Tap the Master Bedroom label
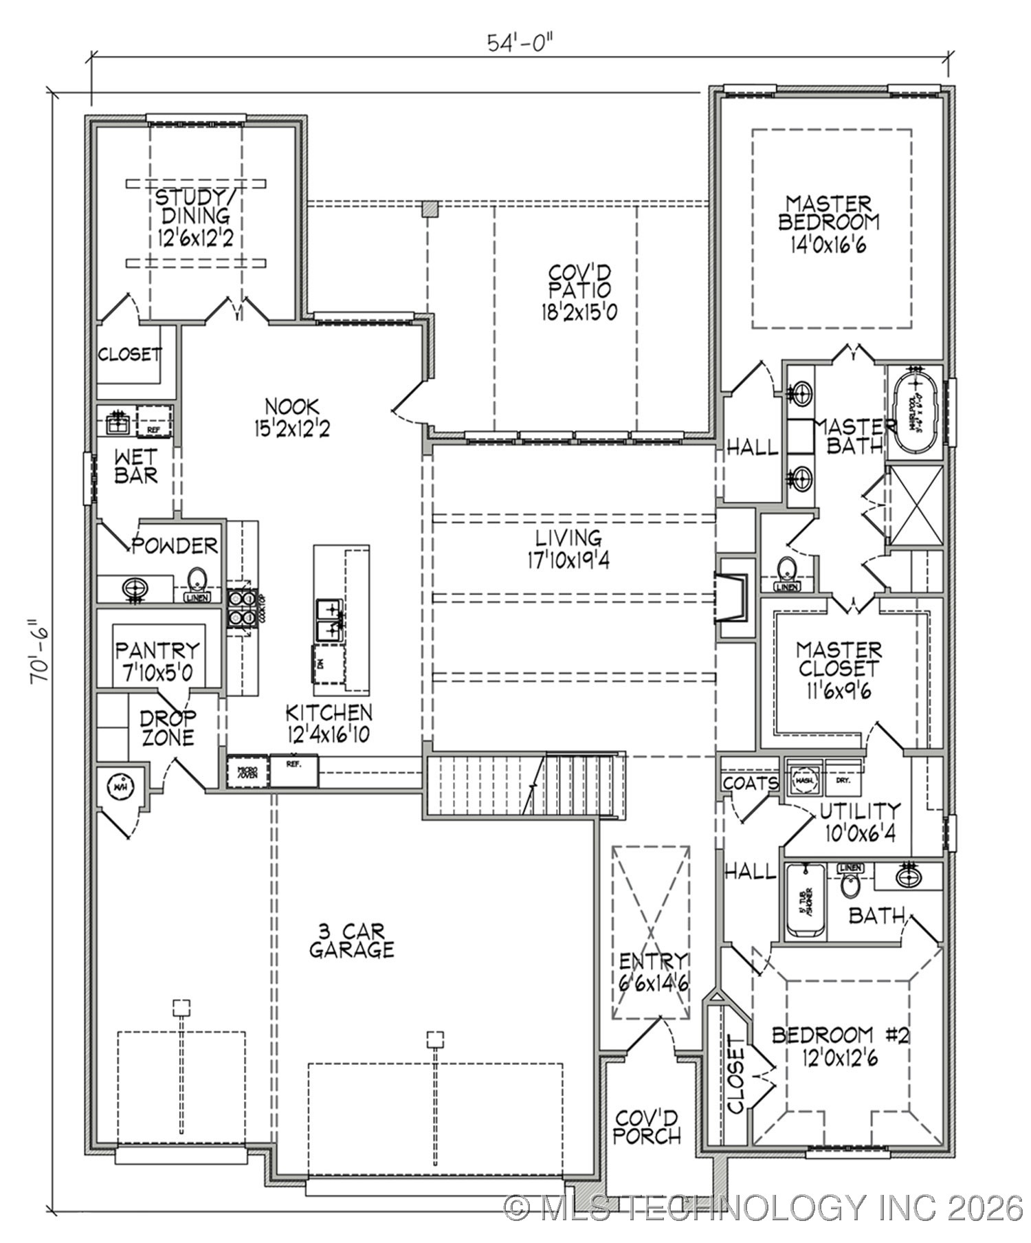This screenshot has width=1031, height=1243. pyautogui.click(x=828, y=223)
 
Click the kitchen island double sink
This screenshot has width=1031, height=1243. pyautogui.click(x=329, y=619)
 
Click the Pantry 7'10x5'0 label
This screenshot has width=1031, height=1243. pyautogui.click(x=157, y=661)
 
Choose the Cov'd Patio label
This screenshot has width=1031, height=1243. pyautogui.click(x=579, y=291)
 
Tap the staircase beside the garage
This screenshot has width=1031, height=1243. pyautogui.click(x=526, y=785)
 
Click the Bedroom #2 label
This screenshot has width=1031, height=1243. pyautogui.click(x=840, y=1045)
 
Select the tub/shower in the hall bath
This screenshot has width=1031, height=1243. pyautogui.click(x=805, y=901)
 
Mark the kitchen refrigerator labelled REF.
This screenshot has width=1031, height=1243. pyautogui.click(x=293, y=770)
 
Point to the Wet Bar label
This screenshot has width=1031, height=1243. pyautogui.click(x=135, y=465)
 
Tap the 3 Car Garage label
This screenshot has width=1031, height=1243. pyautogui.click(x=351, y=940)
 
